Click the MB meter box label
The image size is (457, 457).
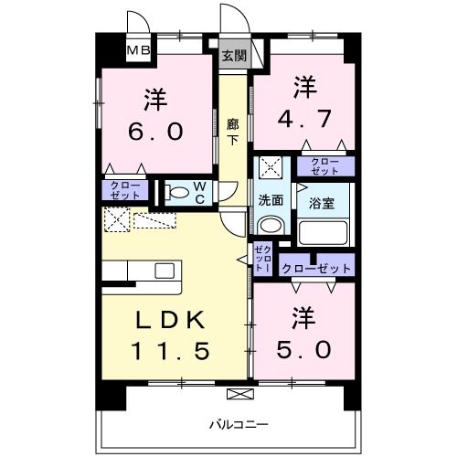138,50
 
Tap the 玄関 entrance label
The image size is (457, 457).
234,56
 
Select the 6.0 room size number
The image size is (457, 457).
155,132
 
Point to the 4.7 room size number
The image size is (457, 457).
304,119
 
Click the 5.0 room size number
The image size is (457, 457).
303,349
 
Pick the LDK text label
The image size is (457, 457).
170,320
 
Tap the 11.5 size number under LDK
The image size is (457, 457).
170,350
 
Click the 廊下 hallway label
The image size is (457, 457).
233,132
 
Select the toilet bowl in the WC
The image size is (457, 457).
177,193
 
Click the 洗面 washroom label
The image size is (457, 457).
271,200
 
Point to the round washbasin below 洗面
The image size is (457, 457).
271,225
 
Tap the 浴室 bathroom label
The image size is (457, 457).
322,203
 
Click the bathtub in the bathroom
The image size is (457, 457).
324,232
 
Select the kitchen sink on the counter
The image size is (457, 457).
165,271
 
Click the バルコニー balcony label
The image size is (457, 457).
239,424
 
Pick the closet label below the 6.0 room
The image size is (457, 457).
125,190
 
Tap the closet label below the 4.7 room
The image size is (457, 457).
324,166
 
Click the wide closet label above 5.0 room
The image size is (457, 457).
317,269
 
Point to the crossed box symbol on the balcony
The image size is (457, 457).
240,394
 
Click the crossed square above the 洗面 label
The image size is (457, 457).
271,168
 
